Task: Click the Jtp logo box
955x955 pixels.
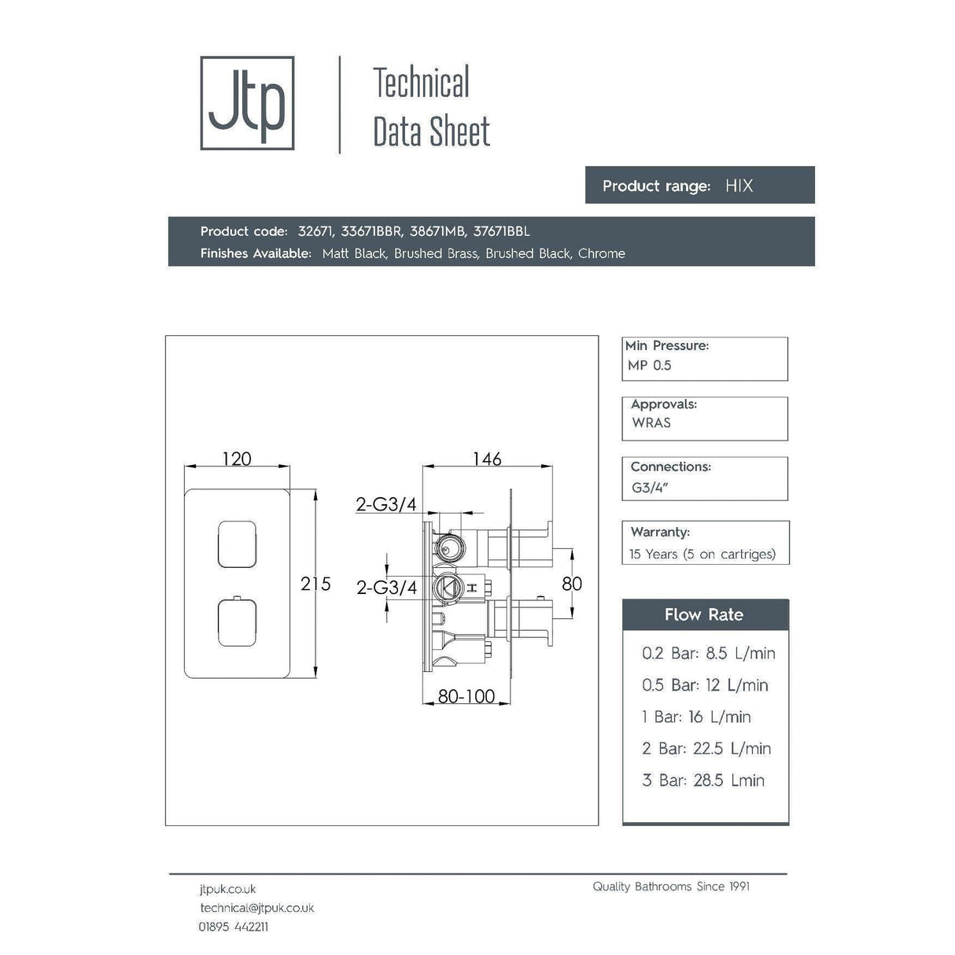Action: pyautogui.click(x=247, y=103)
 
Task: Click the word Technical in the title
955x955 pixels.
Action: pyautogui.click(x=421, y=83)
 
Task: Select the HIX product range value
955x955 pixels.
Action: pyautogui.click(x=739, y=186)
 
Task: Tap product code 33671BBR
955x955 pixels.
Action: pyautogui.click(x=371, y=231)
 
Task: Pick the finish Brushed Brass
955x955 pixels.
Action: pyautogui.click(x=436, y=253)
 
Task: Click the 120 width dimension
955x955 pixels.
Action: pyautogui.click(x=237, y=459)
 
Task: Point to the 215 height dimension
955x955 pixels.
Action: pyautogui.click(x=315, y=584)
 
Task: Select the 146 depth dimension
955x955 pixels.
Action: pyautogui.click(x=486, y=459)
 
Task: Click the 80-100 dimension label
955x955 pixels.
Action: pyautogui.click(x=466, y=696)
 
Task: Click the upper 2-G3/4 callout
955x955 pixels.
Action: pyautogui.click(x=386, y=504)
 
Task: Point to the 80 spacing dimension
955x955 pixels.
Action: pyautogui.click(x=572, y=584)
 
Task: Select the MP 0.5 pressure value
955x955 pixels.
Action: pyautogui.click(x=650, y=365)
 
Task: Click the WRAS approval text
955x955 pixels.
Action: pyautogui.click(x=651, y=422)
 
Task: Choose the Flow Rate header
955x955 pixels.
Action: pyautogui.click(x=704, y=615)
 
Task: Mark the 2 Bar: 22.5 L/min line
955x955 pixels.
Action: pyautogui.click(x=706, y=748)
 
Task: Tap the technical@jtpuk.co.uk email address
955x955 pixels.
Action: pyautogui.click(x=256, y=908)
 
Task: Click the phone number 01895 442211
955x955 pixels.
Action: pyautogui.click(x=233, y=927)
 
